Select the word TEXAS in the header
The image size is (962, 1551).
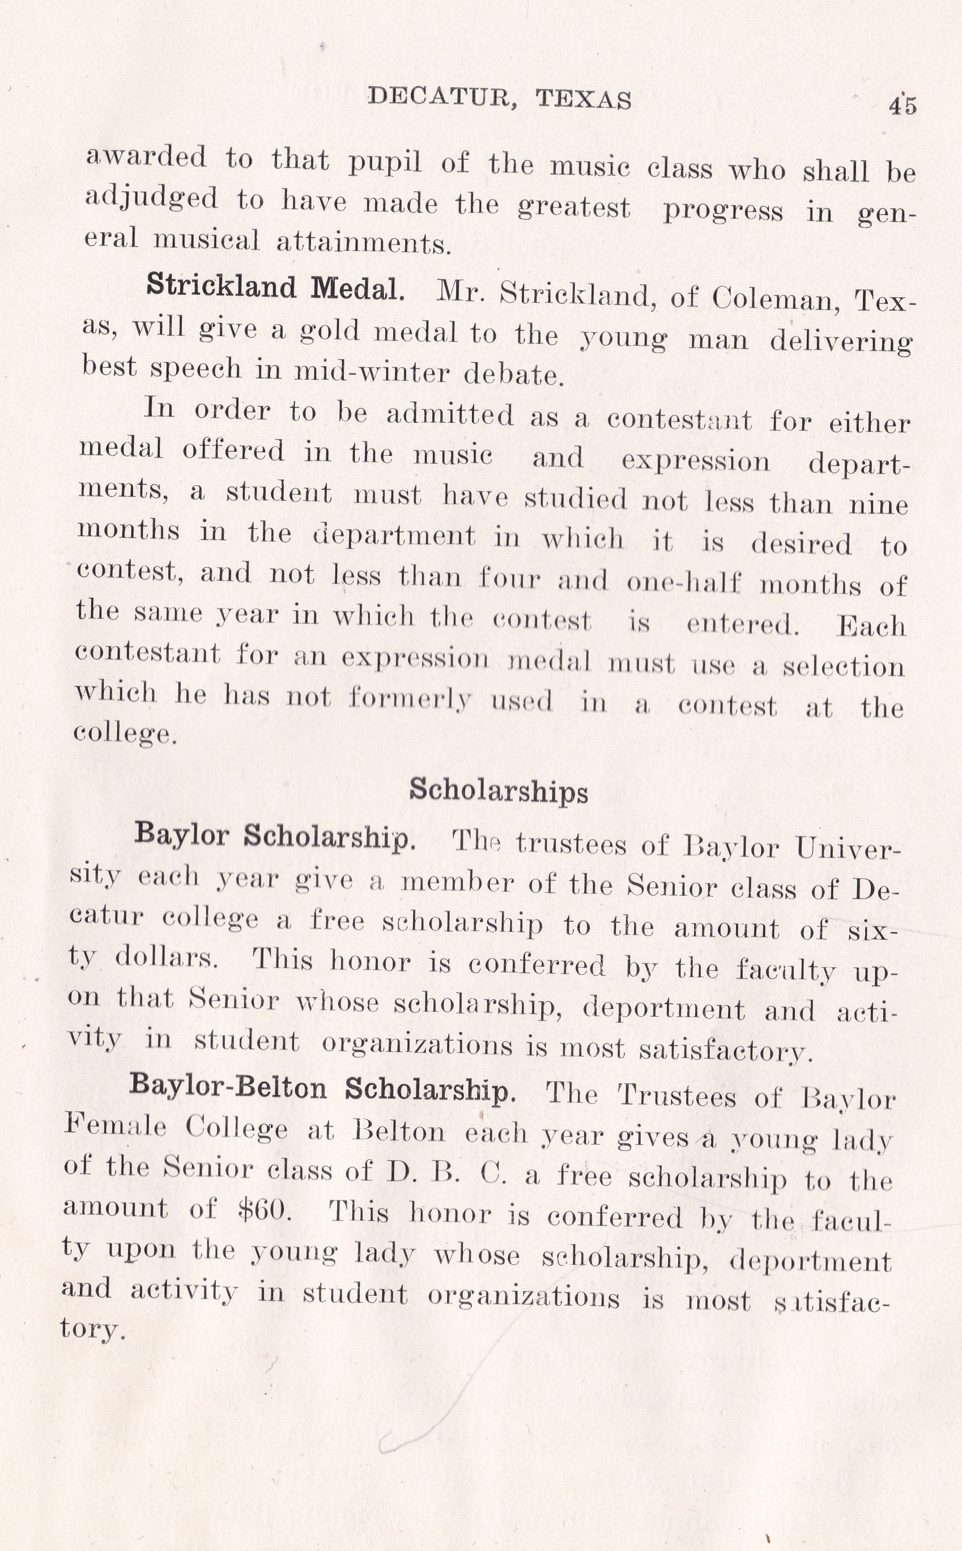[x=584, y=99]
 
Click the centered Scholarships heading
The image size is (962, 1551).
[x=498, y=790]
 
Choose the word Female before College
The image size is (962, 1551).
[x=115, y=1126]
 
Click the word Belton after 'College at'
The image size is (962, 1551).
[x=399, y=1132]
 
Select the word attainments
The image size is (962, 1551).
[x=363, y=244]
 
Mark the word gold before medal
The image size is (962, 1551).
[x=328, y=330]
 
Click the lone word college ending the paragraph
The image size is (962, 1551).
[x=124, y=733]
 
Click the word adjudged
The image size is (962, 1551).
[x=151, y=198]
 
